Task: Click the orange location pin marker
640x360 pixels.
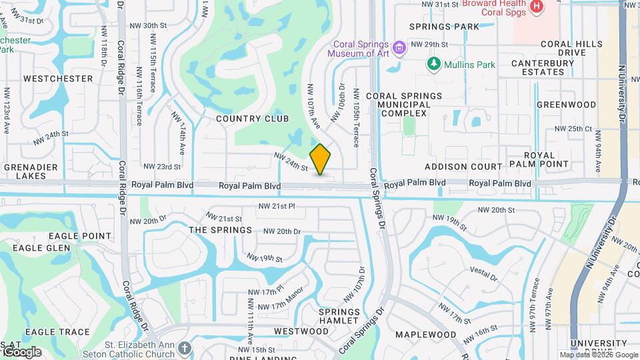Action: pos(321,159)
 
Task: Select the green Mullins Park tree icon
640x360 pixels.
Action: pos(434,64)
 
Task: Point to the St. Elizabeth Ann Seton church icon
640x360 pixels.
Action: pos(185,348)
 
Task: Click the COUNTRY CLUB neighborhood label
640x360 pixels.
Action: pos(253,119)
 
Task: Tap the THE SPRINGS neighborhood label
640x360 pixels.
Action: pos(221,230)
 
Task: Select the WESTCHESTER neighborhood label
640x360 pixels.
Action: pos(58,79)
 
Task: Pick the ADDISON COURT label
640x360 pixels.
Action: pos(463,166)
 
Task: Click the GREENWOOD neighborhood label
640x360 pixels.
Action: pos(566,105)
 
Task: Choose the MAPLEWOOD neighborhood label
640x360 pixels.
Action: pos(425,335)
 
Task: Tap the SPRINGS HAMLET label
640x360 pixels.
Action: pos(339,316)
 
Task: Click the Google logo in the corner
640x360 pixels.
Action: pos(21,351)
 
